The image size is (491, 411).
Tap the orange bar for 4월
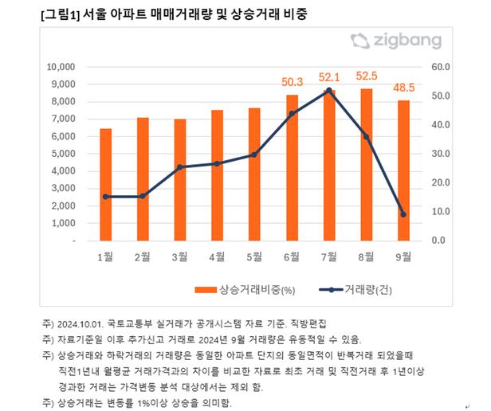tap(217, 175)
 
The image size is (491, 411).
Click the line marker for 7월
tap(328, 91)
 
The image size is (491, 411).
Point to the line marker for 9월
tap(403, 214)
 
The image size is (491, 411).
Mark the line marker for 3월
tap(180, 167)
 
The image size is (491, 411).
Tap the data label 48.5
tap(403, 88)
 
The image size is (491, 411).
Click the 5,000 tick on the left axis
tap(63, 154)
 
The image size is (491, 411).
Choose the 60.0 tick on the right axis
tap(440, 68)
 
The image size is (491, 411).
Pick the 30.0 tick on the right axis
tap(440, 154)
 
